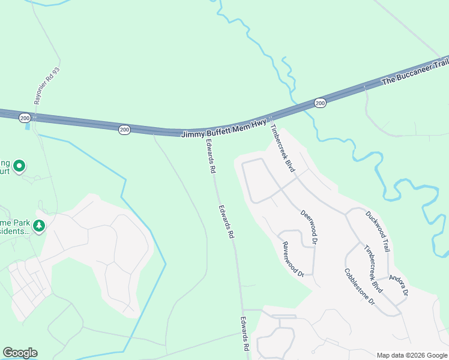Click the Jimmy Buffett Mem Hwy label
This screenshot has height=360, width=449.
point(224,129)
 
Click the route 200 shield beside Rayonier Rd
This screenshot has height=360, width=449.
point(25,118)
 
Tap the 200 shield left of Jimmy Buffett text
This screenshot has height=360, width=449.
point(124,129)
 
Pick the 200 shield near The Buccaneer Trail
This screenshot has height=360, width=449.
point(321,103)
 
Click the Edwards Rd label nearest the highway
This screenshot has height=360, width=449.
point(210,157)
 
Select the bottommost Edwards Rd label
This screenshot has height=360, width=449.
point(246,334)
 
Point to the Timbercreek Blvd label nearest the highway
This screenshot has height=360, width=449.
point(282,148)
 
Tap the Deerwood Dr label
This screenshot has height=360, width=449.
point(309,227)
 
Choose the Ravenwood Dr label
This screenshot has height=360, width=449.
point(294,259)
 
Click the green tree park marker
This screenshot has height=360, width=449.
point(40,226)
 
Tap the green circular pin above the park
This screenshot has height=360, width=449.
point(19,166)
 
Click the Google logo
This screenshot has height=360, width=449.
point(20,353)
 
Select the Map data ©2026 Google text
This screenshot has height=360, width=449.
point(411,355)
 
